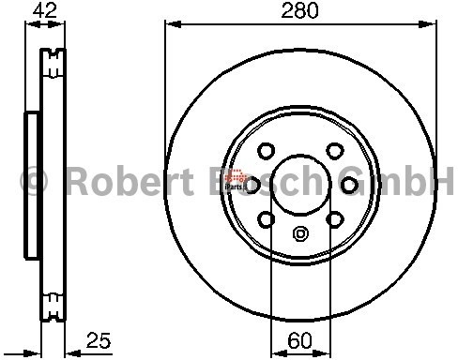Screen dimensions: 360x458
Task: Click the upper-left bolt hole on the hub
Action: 267,150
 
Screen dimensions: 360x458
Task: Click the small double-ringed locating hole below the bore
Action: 300,234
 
